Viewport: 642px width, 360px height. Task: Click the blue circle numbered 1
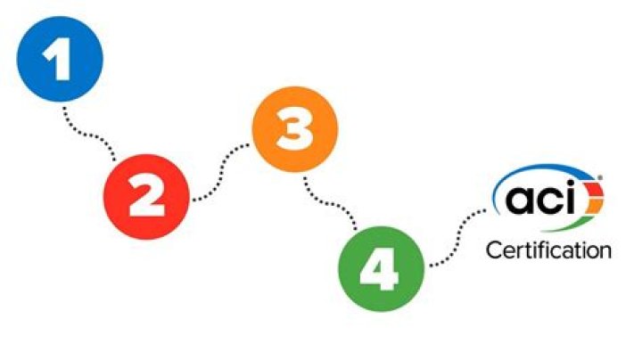tap(61, 58)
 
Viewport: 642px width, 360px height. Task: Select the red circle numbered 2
tap(147, 194)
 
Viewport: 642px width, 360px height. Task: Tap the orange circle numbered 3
tap(295, 130)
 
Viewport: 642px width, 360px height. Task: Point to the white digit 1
tap(59, 59)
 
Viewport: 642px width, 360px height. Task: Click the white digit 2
tap(147, 195)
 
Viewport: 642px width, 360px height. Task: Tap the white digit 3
tap(295, 131)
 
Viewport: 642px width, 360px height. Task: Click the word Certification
tap(548, 250)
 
